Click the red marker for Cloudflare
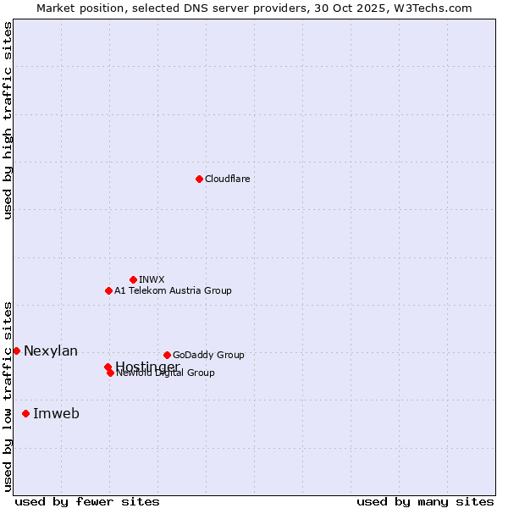[199, 179]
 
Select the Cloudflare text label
[227, 179]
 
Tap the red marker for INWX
[133, 279]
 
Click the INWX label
[152, 279]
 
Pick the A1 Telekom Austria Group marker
[108, 290]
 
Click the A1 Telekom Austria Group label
[173, 290]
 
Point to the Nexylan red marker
[16, 351]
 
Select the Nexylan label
[51, 351]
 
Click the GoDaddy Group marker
[167, 355]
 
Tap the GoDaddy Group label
[208, 355]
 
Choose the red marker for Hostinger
[108, 367]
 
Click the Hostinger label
[147, 366]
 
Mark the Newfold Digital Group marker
[110, 373]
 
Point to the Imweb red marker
[25, 413]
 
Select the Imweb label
[56, 413]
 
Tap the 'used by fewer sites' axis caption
[87, 501]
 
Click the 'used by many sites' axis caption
[425, 501]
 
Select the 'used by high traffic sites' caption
[8, 120]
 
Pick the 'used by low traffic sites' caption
[8, 395]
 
